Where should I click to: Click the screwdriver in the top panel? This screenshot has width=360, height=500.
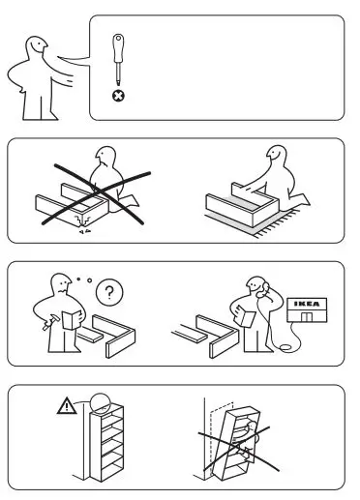click(x=120, y=60)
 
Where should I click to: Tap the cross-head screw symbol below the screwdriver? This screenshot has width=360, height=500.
click(x=120, y=96)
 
